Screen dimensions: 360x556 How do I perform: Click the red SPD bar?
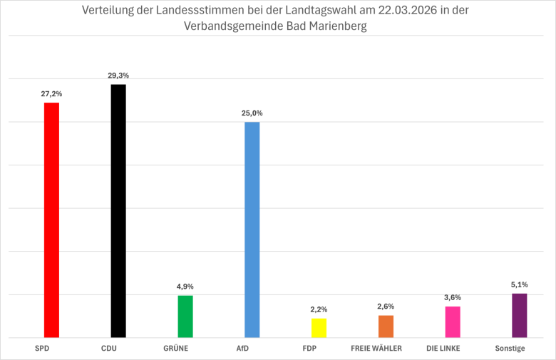[x=51, y=220]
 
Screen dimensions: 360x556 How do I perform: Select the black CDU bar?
[x=118, y=210]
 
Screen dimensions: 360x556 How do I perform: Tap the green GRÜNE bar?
[x=185, y=316]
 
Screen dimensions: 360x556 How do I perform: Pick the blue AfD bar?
[x=252, y=230]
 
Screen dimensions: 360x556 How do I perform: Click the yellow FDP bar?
[x=319, y=328]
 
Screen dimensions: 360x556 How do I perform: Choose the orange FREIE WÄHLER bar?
[x=386, y=326]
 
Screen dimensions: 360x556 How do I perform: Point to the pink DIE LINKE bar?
[x=453, y=322]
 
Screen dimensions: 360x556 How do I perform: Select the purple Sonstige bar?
[x=520, y=315]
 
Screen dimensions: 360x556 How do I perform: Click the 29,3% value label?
[x=118, y=75]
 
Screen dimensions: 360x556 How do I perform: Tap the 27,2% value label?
[x=51, y=93]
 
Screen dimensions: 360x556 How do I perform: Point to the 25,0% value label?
[x=252, y=113]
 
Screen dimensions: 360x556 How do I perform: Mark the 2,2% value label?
[x=319, y=309]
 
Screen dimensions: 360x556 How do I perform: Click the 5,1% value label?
[x=520, y=284]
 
